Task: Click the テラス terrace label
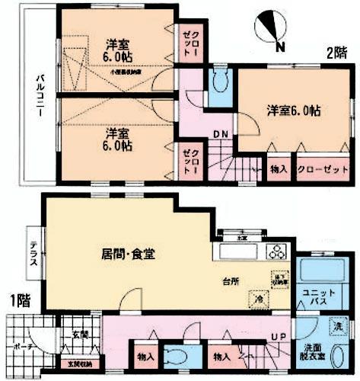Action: [x=33, y=253]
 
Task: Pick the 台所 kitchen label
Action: [x=231, y=280]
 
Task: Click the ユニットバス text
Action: [x=314, y=298]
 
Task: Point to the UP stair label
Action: [x=279, y=336]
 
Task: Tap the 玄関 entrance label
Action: [x=81, y=334]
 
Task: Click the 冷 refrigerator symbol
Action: [x=258, y=299]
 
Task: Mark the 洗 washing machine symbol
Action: [x=336, y=328]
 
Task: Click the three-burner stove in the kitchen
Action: [x=275, y=254]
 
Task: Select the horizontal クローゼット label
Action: [x=318, y=169]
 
